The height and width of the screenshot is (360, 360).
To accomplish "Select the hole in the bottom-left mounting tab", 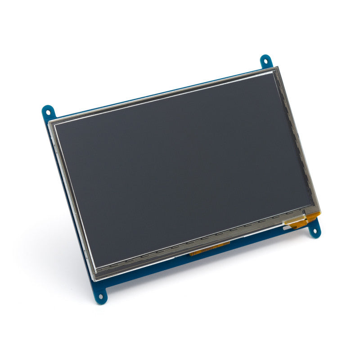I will click(101, 297).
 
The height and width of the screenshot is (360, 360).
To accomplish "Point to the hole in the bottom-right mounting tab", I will click(315, 231).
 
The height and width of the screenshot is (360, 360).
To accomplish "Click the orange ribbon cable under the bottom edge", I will click(209, 252).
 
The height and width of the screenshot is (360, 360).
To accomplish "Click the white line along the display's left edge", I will click(74, 193).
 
